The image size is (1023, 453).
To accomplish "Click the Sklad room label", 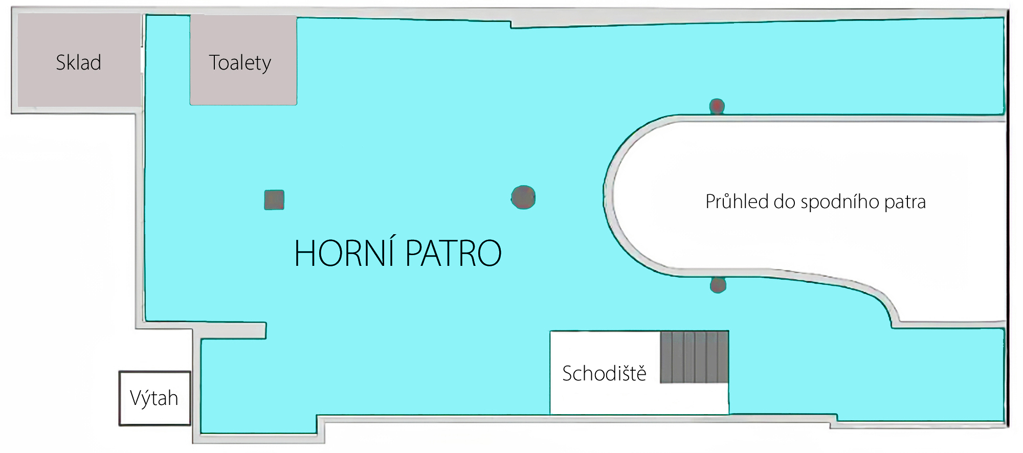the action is pos(78,63).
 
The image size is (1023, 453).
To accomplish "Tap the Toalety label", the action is pos(240,63).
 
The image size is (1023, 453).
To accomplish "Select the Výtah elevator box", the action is pos(154,398).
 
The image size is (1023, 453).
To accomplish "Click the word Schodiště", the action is pos(604,373).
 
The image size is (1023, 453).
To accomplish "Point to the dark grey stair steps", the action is pos(694,357).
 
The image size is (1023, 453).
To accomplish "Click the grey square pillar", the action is pos(274,199).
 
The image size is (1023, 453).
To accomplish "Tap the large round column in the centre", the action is pos(523,197).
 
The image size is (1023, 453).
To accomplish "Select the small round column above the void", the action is pos(717,106).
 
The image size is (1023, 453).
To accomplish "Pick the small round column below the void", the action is pos(718,285).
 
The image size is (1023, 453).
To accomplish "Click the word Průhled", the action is pos(737,201).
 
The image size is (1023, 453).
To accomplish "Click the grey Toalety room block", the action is pos(243,60).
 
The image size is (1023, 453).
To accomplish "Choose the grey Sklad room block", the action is pos(79,60).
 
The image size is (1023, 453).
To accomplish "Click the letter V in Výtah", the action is pos(135,398).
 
